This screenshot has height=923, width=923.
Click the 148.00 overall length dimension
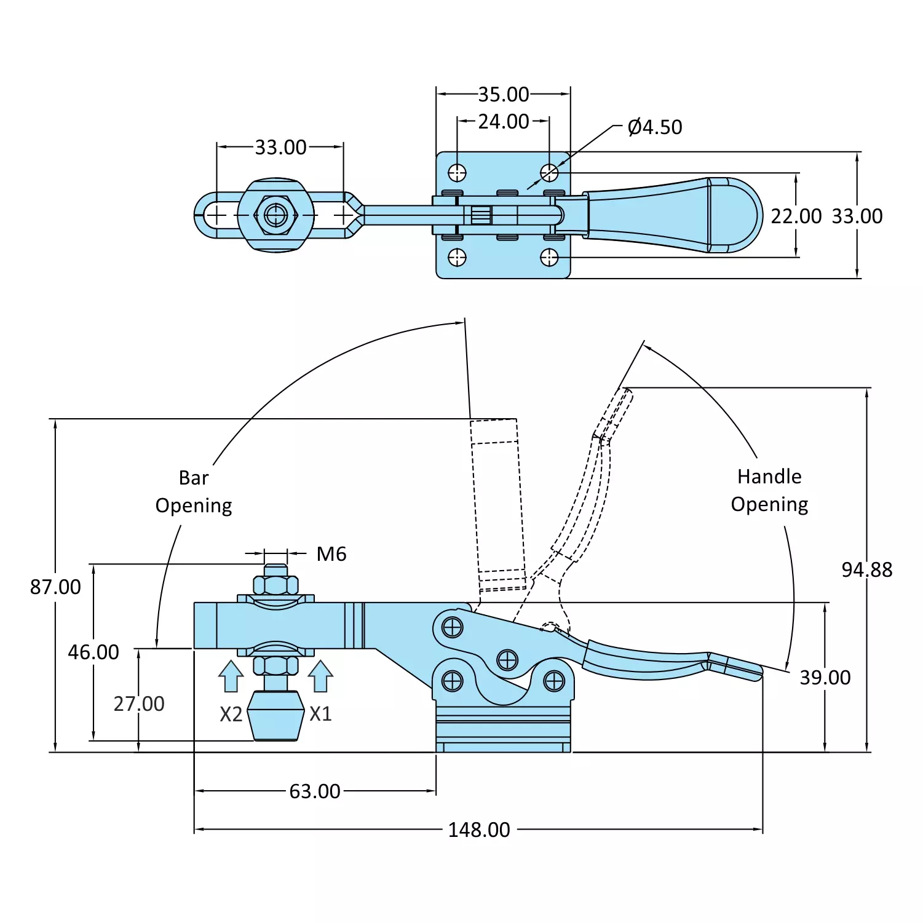coord(478,830)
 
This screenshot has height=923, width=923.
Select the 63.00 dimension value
coord(314,791)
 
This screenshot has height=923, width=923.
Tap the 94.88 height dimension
coord(866,569)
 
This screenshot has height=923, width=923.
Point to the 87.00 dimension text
coord(55,587)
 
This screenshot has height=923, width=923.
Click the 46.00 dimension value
coord(93,652)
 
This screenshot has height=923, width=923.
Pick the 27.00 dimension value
coord(139,703)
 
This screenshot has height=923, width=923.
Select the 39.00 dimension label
coord(825,677)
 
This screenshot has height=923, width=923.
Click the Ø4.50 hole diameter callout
coord(654,127)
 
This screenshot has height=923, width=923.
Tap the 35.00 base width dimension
coord(503,94)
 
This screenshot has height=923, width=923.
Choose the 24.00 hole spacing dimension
coord(503,121)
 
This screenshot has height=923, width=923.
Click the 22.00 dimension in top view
coord(796,216)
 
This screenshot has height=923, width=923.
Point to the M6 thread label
coord(331,554)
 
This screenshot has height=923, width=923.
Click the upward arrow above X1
coord(320,676)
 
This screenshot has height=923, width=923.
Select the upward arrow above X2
coord(231,676)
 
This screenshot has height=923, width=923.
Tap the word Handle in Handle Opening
coord(769,477)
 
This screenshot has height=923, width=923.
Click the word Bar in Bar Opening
coord(194,478)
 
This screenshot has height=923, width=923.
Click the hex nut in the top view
coord(275,215)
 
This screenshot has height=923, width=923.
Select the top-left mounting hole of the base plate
coord(457,173)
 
